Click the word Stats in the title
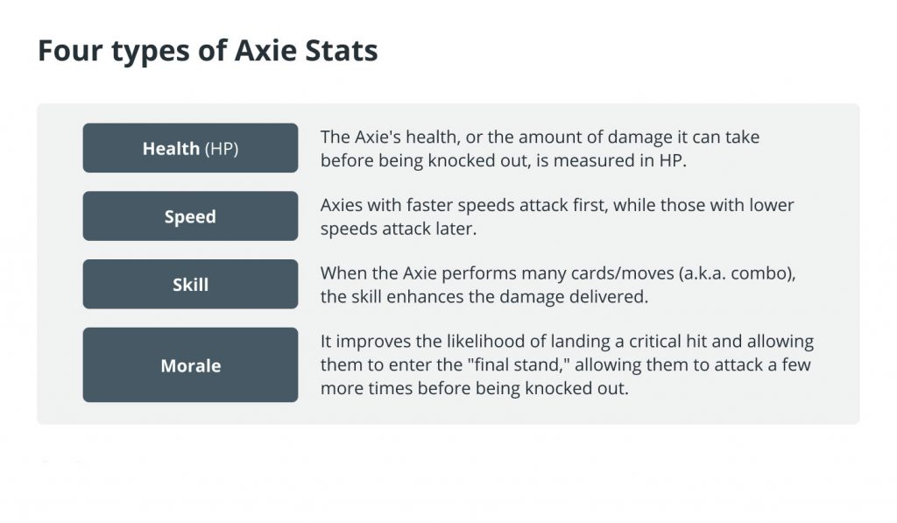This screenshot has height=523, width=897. click(341, 50)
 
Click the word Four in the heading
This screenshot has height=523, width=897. click(70, 50)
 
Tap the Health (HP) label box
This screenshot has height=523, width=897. click(190, 148)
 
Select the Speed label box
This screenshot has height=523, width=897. click(190, 216)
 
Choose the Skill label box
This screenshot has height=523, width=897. click(190, 285)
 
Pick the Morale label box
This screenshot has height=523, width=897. click(190, 365)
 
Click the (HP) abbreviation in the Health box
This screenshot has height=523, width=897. click(222, 149)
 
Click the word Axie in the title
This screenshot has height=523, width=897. click(266, 50)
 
